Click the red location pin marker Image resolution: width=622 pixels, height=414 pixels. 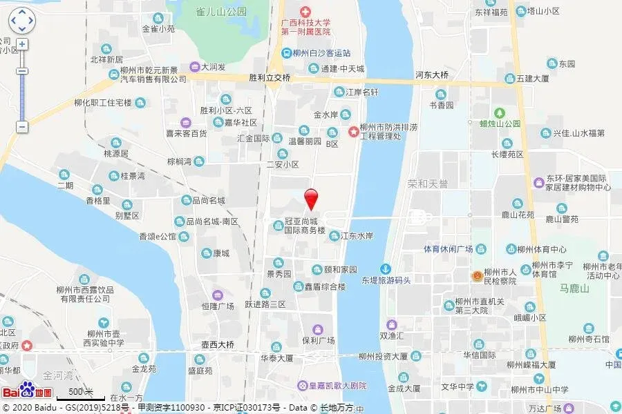coord(312,197)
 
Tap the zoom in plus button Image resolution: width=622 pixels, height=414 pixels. coord(22,45)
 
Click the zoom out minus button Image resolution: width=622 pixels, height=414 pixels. coord(22,127)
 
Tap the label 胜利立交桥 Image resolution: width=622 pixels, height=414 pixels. coord(270,78)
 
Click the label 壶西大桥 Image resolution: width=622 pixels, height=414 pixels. coord(213,344)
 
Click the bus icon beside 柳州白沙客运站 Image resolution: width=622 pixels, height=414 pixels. coord(286,52)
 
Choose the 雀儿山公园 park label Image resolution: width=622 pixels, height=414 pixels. coord(220,12)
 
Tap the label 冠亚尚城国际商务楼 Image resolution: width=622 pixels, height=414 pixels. coord(304,226)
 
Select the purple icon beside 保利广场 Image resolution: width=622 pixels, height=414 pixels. coord(317,329)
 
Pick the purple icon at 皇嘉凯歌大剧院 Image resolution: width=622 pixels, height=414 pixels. coord(302,385)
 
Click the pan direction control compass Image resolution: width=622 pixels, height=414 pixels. coord(21,21)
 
